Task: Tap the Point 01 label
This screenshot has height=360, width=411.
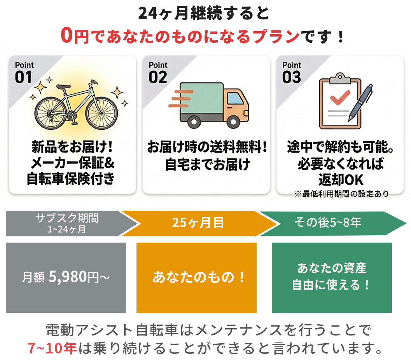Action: tap(24, 73)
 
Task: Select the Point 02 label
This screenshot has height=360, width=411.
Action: tap(158, 73)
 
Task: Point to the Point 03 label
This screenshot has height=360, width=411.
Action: tap(292, 73)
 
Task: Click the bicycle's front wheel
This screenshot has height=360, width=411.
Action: tap(101, 113)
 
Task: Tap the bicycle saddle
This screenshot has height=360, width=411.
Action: tap(63, 87)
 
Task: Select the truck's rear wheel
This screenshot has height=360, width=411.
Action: tap(194, 122)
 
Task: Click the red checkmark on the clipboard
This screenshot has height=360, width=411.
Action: tap(340, 97)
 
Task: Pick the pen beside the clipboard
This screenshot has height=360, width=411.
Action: tap(360, 103)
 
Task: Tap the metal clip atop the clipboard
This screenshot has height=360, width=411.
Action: tap(340, 78)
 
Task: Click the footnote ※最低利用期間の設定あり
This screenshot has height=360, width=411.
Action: tap(341, 194)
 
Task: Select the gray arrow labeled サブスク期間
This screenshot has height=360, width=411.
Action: tap(71, 224)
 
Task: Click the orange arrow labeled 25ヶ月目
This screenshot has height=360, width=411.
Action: tap(198, 224)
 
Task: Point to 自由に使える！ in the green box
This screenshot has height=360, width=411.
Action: tap(331, 285)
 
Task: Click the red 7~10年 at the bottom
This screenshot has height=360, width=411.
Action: tap(52, 348)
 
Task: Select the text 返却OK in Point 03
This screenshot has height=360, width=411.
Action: tap(341, 180)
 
